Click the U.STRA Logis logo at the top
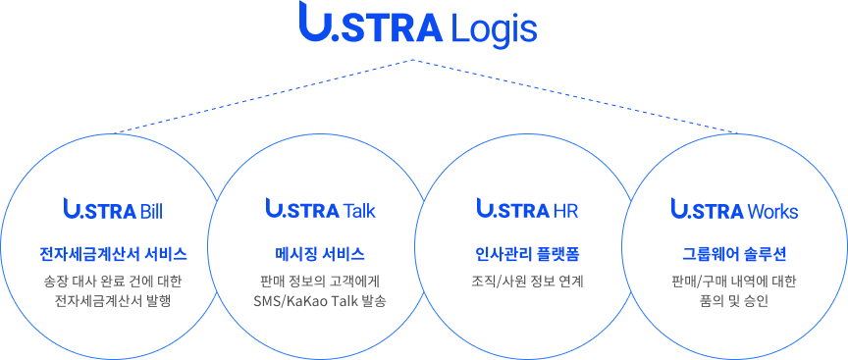pos(419,26)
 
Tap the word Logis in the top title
pos(495,28)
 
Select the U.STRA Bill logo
pos(113,210)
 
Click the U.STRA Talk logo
pos(320,210)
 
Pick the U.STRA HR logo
pos(527,210)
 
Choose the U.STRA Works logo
pos(734,210)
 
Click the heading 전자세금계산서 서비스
pos(113,254)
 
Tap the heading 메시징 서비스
pos(320,254)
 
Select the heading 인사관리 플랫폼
pos(527,254)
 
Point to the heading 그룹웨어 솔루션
pos(734,254)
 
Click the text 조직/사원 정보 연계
pos(527,282)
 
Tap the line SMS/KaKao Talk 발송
pos(320,301)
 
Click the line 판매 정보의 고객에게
pos(320,282)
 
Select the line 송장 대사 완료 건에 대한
pos(113,282)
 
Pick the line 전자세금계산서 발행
pos(113,301)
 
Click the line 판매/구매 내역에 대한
pos(734,282)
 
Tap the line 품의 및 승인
pos(734,301)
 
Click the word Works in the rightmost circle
pos(772,211)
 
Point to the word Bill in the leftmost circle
pos(151,211)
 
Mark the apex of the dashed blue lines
pos(413,60)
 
